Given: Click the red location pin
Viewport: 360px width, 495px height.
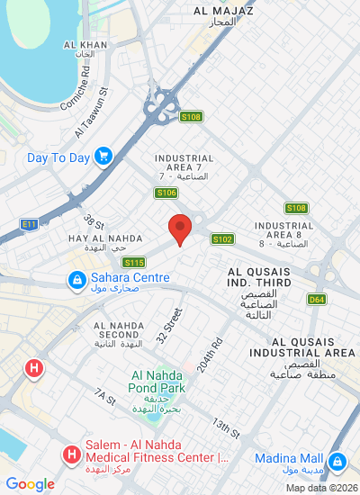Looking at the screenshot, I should (x=180, y=229).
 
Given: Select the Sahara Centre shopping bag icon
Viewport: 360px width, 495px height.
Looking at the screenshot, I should (x=77, y=278).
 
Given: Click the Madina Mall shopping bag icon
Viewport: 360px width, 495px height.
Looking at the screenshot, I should (x=337, y=462).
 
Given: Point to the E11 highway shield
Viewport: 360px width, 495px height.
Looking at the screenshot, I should (x=29, y=222).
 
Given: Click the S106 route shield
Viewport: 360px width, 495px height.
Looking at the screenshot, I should (x=166, y=193).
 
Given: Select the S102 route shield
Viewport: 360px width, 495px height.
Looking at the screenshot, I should (x=222, y=238).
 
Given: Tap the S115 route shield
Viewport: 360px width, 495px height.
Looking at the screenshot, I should (x=134, y=262).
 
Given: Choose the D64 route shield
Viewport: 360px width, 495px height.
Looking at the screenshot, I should (x=316, y=299).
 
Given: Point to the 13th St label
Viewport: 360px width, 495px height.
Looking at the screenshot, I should (x=226, y=428).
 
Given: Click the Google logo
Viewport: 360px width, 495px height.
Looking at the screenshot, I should (x=31, y=484).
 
